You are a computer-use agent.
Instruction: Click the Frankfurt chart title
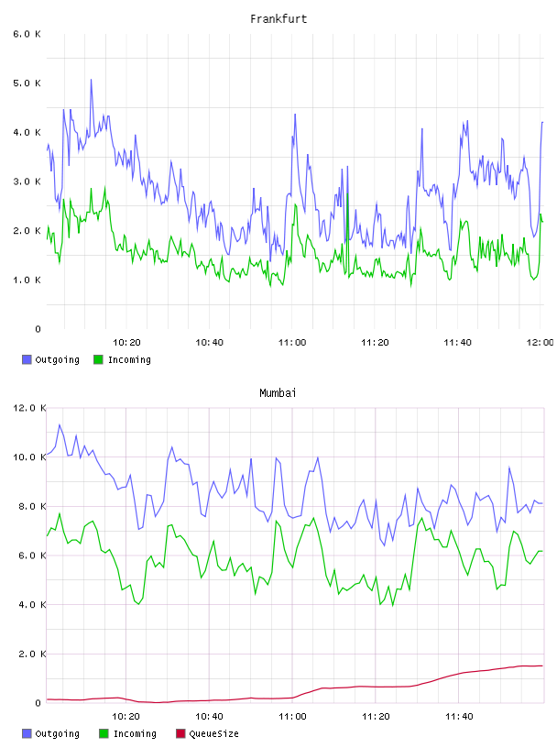tap(278, 19)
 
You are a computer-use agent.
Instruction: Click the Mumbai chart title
tap(278, 393)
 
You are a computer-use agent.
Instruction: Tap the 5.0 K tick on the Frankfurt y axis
tap(27, 83)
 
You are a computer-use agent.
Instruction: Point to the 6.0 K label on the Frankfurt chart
tap(27, 34)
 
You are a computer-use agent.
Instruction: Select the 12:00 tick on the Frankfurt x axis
tap(540, 342)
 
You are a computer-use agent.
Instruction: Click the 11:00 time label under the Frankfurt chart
tap(292, 342)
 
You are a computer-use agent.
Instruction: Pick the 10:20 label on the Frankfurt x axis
tap(126, 342)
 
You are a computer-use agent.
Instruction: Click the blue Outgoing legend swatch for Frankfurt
tap(27, 359)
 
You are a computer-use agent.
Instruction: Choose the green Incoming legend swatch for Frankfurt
tap(98, 359)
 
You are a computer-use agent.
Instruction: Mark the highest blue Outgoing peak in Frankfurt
tap(91, 80)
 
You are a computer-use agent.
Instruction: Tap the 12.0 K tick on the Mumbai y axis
tap(29, 408)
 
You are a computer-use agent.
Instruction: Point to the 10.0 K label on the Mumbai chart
tap(29, 457)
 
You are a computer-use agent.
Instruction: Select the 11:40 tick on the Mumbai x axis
tap(459, 716)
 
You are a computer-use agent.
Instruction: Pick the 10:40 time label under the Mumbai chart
tap(210, 716)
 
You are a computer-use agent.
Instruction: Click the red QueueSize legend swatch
tap(180, 733)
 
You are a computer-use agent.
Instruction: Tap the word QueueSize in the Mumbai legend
tap(213, 733)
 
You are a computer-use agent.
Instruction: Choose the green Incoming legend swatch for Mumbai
tap(104, 733)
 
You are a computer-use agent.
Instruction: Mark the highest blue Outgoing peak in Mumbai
tap(60, 424)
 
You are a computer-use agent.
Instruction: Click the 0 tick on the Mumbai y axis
tap(38, 703)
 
